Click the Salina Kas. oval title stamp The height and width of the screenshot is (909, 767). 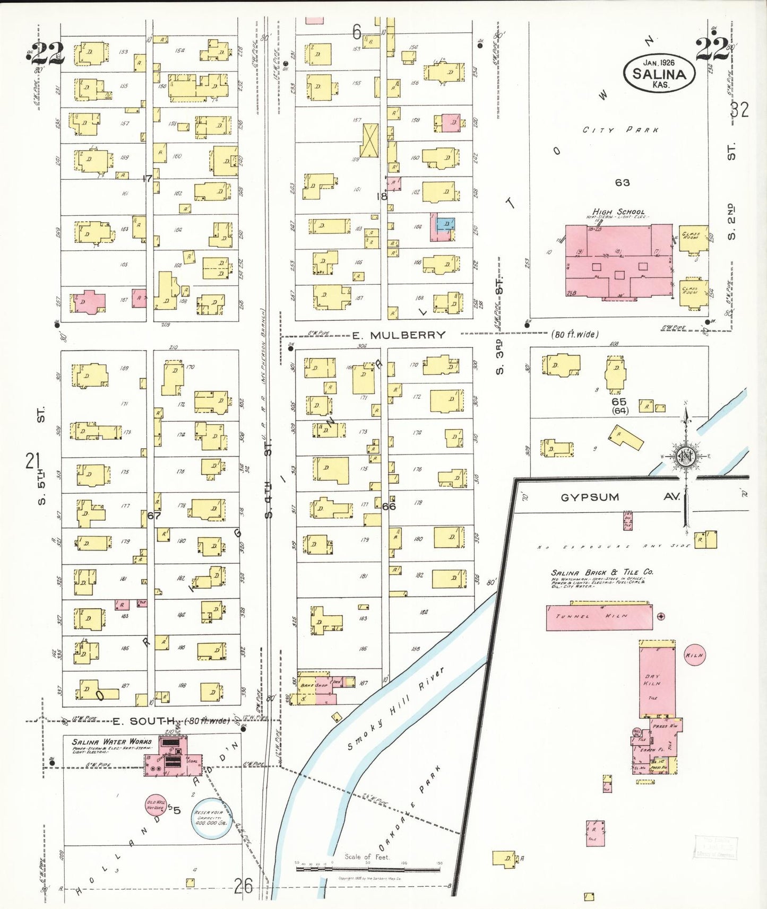click(x=659, y=73)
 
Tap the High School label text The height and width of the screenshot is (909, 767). click(x=618, y=212)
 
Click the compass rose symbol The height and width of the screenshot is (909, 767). click(x=686, y=456)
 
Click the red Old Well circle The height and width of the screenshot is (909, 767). click(x=156, y=806)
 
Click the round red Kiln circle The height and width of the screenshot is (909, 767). click(x=694, y=655)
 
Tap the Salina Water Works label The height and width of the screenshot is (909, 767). click(x=112, y=741)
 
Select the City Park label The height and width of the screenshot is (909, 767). click(x=620, y=130)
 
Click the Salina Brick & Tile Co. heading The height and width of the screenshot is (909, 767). click(x=602, y=572)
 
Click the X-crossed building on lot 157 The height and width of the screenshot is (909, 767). click(x=370, y=141)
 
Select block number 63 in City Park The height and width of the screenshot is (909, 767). click(x=622, y=182)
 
